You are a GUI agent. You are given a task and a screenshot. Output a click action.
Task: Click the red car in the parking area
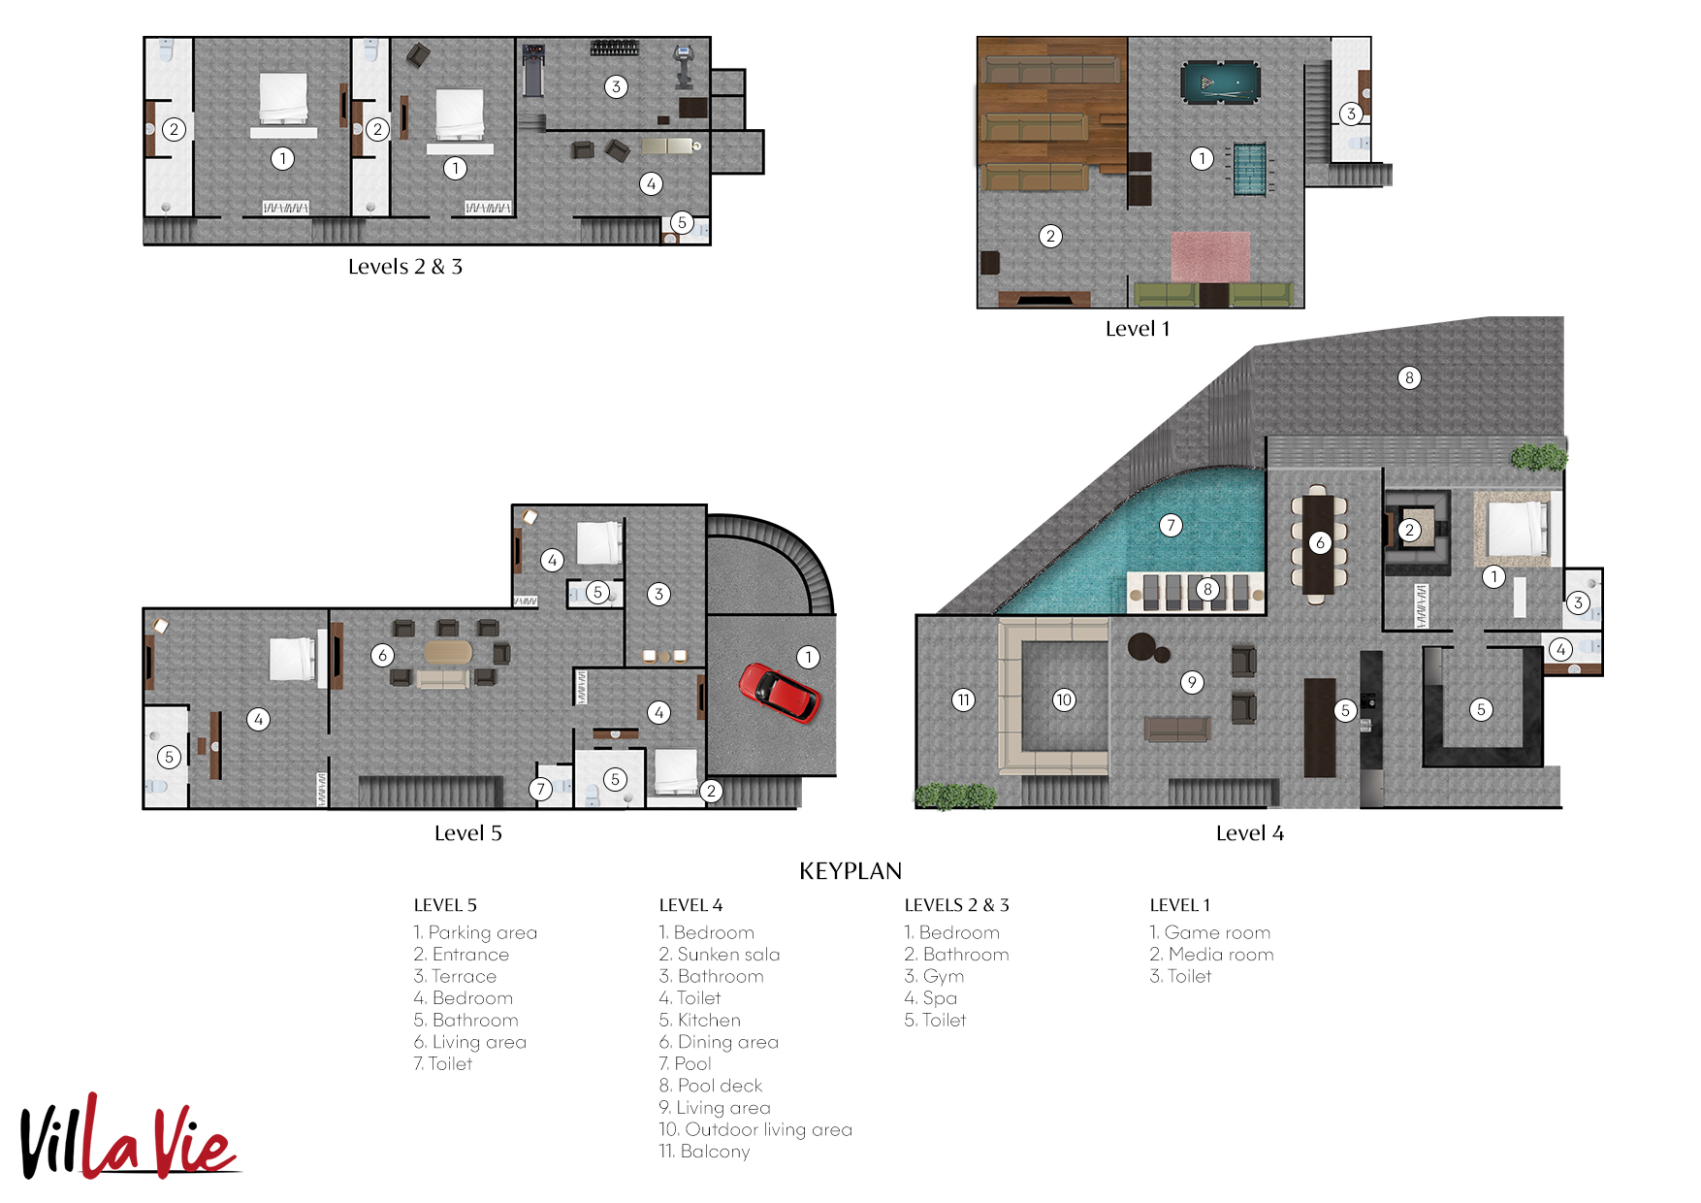[x=780, y=693]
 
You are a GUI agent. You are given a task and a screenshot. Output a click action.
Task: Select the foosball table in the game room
[x=1249, y=169]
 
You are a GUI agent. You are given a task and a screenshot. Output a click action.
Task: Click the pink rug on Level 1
[x=1209, y=257]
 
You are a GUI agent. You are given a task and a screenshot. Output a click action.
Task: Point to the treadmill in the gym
[x=532, y=71]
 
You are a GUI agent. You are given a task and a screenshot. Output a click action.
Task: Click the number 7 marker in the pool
[x=1171, y=526]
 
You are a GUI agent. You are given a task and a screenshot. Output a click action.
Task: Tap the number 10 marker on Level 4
[x=1064, y=699]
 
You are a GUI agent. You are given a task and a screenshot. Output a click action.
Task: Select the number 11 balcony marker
[x=963, y=699]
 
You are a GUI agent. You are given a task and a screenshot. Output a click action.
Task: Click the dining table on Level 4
[x=1318, y=544]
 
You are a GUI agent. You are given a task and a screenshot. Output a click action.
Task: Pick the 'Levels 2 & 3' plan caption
[x=405, y=267]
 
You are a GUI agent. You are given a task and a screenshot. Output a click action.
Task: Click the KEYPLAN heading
[x=850, y=871]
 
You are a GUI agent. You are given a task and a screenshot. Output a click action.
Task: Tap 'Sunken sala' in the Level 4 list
[x=727, y=955]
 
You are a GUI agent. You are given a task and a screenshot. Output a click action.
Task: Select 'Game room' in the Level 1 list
[x=1217, y=932]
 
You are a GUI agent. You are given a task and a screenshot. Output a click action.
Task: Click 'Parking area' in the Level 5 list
[x=482, y=932]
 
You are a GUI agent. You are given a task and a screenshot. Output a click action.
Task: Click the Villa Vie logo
[x=128, y=1137]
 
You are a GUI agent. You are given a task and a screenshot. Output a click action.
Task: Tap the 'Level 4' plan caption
[x=1249, y=833]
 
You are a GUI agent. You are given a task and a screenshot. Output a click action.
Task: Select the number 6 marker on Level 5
[x=382, y=655]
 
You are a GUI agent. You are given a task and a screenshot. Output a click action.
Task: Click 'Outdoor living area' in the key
[x=768, y=1129]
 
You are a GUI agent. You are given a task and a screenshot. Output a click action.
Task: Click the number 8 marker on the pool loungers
[x=1207, y=589]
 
